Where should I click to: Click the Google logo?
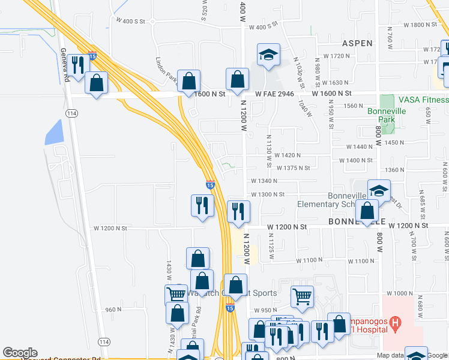point(20,353)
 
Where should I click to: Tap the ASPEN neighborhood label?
point(357,43)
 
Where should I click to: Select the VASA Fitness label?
point(423,100)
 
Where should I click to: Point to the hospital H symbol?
point(394,325)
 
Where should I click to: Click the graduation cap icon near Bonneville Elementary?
point(379,191)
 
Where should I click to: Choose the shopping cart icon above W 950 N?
point(301,295)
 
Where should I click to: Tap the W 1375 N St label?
point(292,168)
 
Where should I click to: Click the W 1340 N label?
point(264,181)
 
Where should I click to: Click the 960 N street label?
point(113,310)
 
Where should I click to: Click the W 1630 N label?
point(336,83)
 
